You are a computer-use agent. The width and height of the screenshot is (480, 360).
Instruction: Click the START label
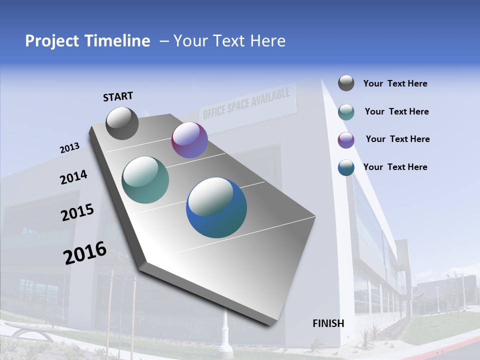pyautogui.click(x=118, y=96)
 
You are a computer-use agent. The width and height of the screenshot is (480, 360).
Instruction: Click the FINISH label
pyautogui.click(x=328, y=323)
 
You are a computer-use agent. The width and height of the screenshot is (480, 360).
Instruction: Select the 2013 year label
pyautogui.click(x=69, y=148)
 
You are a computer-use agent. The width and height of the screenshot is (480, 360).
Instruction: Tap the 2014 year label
pyautogui.click(x=73, y=177)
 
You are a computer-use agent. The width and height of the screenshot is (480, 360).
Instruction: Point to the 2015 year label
pyautogui.click(x=77, y=212)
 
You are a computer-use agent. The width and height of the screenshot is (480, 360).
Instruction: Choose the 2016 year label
pyautogui.click(x=85, y=253)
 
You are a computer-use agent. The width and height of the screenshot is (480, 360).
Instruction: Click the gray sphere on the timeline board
pyautogui.click(x=122, y=123)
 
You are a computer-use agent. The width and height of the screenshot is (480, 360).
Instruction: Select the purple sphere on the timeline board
pyautogui.click(x=189, y=140)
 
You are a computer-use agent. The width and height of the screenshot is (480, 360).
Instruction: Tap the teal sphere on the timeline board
pyautogui.click(x=145, y=180)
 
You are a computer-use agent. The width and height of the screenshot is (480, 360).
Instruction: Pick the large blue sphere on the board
pyautogui.click(x=216, y=207)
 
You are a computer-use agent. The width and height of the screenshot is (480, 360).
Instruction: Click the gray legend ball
pyautogui.click(x=346, y=83)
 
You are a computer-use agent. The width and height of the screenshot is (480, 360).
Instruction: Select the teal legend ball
pyautogui.click(x=346, y=112)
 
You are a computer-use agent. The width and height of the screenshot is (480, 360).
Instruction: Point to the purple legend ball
pyautogui.click(x=346, y=140)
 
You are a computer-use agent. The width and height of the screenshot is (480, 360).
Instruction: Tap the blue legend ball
pyautogui.click(x=346, y=167)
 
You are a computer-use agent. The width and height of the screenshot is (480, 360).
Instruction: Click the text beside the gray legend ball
pyautogui.click(x=395, y=83)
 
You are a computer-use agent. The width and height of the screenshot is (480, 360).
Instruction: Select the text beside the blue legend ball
pyautogui.click(x=395, y=167)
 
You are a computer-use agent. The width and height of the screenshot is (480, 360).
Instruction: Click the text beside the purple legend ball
pyautogui.click(x=397, y=139)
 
